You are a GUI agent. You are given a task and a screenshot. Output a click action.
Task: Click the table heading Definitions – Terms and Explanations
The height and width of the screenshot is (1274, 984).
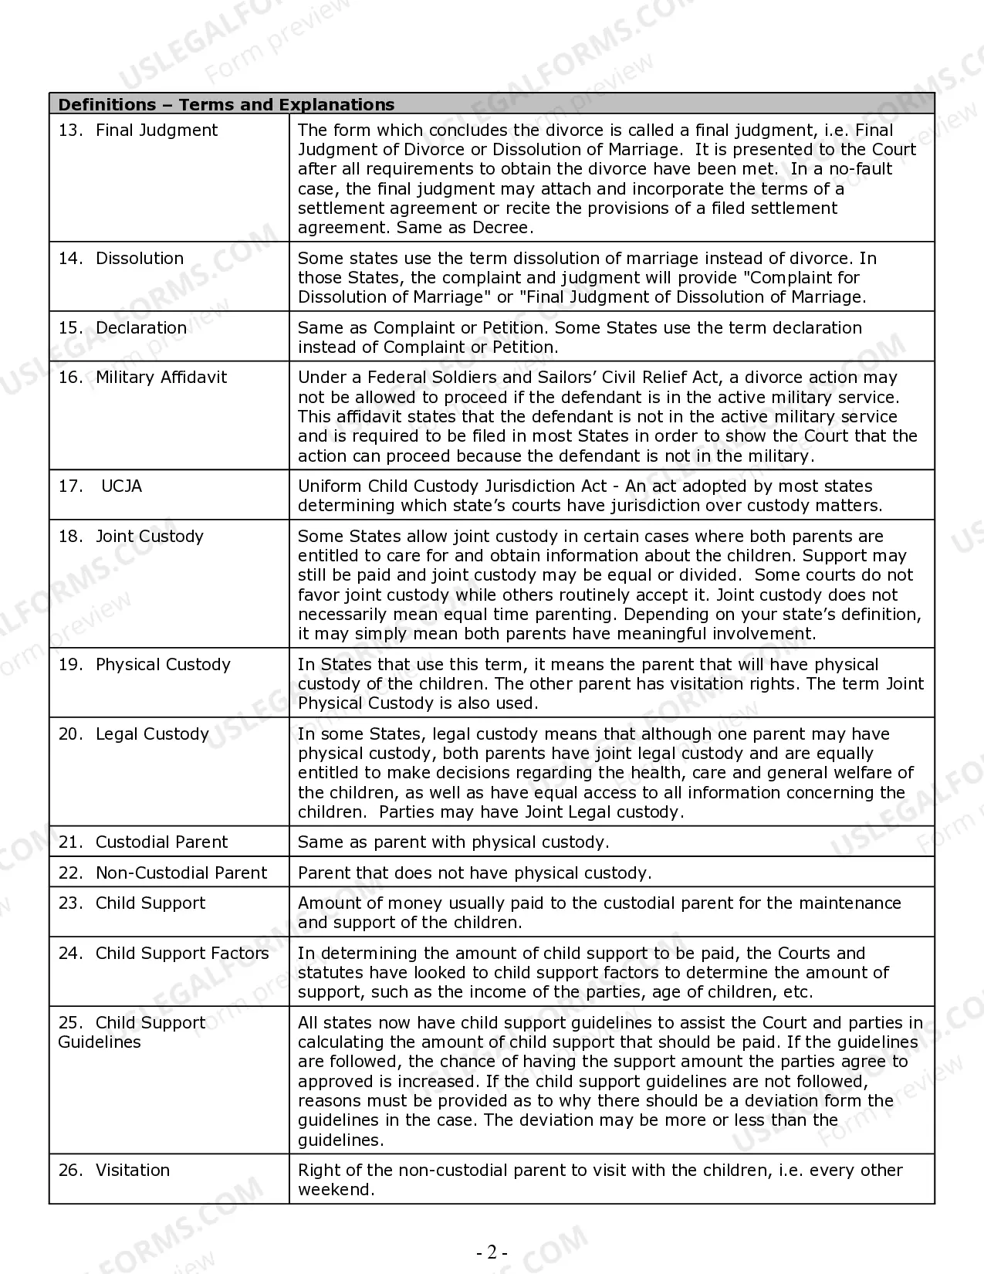(x=226, y=104)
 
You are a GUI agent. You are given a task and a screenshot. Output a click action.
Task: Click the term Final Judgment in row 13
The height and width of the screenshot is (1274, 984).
(x=157, y=130)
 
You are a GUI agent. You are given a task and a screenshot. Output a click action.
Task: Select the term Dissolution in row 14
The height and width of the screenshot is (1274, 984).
(x=140, y=259)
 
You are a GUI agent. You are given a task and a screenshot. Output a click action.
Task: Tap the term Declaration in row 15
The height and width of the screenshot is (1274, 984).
(x=141, y=328)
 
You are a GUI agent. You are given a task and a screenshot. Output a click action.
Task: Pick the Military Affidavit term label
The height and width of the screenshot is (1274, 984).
(x=161, y=378)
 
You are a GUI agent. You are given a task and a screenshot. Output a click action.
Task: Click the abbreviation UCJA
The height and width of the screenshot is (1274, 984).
(x=121, y=486)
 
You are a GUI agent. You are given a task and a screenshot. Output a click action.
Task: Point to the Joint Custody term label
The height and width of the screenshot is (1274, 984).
(x=150, y=537)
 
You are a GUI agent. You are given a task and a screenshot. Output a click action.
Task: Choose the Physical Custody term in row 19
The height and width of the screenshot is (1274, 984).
(x=163, y=665)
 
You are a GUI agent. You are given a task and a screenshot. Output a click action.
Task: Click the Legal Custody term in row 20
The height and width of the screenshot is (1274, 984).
(x=152, y=734)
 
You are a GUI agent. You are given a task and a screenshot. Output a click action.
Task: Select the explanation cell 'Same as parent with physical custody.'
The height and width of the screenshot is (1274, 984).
(x=453, y=842)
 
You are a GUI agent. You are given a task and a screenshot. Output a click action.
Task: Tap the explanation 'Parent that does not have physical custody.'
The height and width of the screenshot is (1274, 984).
(x=475, y=873)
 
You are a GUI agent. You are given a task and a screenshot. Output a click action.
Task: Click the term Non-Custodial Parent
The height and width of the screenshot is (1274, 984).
(x=181, y=873)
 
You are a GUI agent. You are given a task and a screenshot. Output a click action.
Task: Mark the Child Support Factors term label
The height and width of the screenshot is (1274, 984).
(x=182, y=954)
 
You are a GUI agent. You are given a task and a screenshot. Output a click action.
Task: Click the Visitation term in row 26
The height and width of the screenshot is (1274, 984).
(x=133, y=1171)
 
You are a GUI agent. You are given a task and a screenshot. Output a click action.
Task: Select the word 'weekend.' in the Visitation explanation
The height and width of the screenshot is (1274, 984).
(x=336, y=1190)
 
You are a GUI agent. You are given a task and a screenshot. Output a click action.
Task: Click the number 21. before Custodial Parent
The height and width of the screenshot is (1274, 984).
(x=70, y=842)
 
